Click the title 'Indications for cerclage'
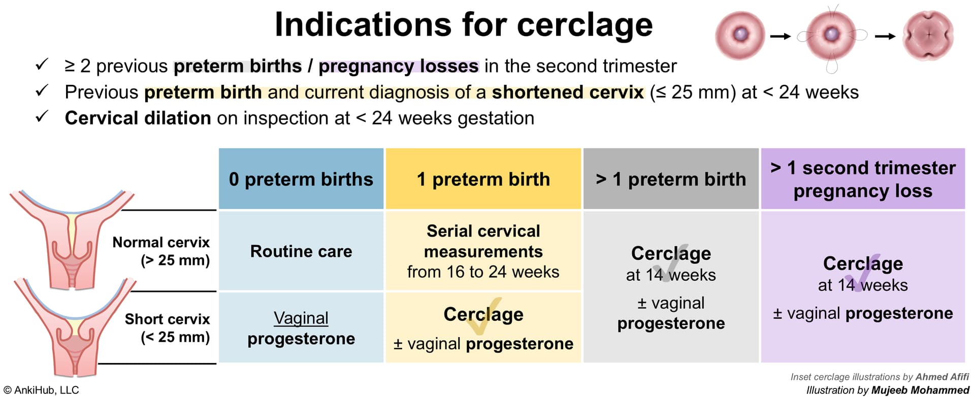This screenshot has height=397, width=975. pos(464,25)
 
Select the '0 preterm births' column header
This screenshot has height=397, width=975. pos(301,179)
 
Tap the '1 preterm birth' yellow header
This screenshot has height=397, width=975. pos(483,179)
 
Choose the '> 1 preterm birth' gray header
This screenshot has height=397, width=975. pos(671,179)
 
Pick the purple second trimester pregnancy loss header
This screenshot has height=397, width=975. pos(863,179)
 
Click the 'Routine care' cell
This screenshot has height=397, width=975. pos(301,251)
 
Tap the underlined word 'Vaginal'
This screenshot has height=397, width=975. pos(301,318)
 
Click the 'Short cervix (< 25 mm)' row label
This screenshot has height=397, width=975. pos(167,328)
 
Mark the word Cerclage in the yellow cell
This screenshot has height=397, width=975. pos(483,314)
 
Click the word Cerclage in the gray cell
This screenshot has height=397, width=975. pos(671,253)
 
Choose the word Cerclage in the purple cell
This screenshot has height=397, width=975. pos(863,263)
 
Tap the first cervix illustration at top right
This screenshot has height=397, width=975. pos(740,35)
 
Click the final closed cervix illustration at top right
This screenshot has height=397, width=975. pos(929,36)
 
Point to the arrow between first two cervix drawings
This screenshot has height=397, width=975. pos(781,36)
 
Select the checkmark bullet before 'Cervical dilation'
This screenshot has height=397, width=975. pos(42,117)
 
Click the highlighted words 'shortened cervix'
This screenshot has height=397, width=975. pos(568,92)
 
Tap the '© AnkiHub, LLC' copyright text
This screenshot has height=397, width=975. pos(41,390)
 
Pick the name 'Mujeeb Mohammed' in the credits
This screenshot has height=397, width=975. pos(920,390)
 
